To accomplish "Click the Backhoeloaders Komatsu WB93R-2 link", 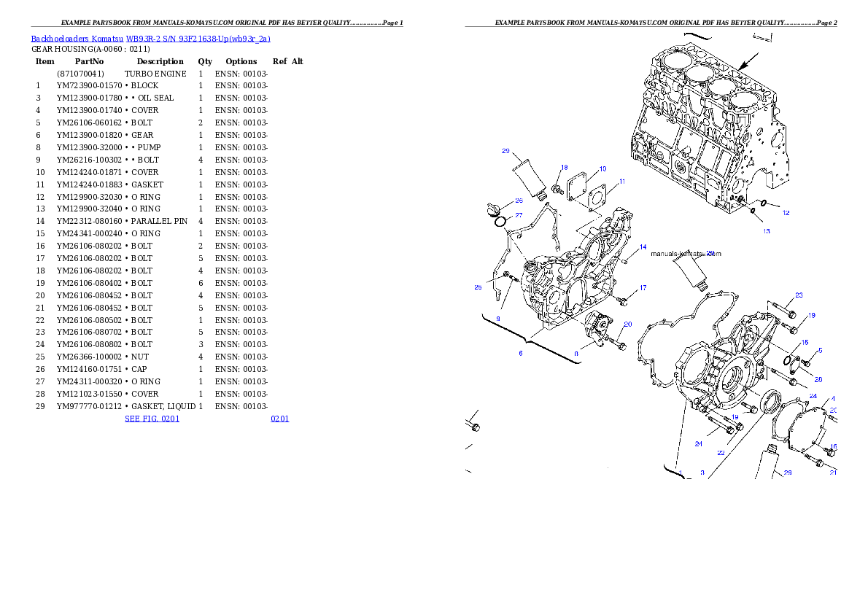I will [x=150, y=39].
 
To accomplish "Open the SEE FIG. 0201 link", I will [x=152, y=419].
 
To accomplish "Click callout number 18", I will [x=565, y=167].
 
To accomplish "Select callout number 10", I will [x=602, y=169].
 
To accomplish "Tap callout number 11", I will [x=622, y=181].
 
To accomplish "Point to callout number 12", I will [x=786, y=213].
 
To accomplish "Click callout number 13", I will [x=766, y=231].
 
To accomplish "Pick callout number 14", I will [x=643, y=248].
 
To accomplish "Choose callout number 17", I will [x=643, y=288].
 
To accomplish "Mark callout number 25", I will [x=478, y=287].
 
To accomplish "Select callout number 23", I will [x=799, y=295].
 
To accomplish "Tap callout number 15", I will [x=805, y=342].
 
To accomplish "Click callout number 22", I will [x=721, y=453].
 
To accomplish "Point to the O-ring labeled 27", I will [x=500, y=221].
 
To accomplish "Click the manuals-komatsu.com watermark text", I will [x=685, y=254].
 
